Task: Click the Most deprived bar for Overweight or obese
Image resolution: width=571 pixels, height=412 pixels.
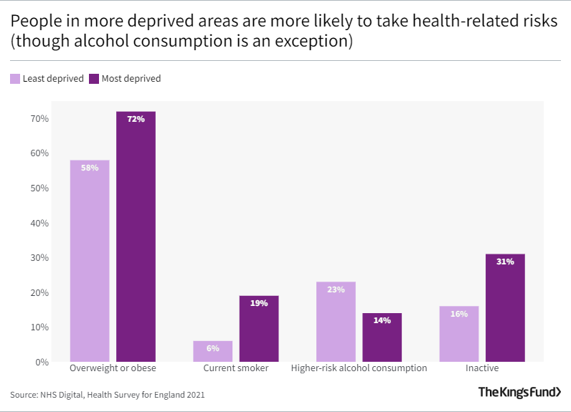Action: tap(136, 236)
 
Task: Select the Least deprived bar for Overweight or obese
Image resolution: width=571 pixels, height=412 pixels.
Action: tap(90, 261)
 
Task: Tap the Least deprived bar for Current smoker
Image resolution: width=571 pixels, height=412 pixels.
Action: tap(212, 351)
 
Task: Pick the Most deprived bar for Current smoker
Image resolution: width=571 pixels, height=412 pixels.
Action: tap(259, 329)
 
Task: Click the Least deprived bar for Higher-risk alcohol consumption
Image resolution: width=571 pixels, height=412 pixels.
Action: tap(336, 322)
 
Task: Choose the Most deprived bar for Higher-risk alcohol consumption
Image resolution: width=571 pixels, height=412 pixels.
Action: tap(382, 337)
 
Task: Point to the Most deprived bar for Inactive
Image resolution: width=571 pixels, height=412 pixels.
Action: tap(505, 308)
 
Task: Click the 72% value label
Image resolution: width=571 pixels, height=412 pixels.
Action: tap(136, 119)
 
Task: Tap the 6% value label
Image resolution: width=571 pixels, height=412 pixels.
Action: tap(212, 348)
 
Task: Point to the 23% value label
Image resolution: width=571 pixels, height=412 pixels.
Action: tap(336, 289)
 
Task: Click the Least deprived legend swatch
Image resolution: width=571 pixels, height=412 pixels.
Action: tap(14, 79)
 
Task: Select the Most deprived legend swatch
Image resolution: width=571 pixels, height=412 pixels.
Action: tap(93, 79)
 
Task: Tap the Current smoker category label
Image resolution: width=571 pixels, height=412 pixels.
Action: tap(236, 368)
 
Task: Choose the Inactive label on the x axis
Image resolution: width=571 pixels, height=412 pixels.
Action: tap(482, 368)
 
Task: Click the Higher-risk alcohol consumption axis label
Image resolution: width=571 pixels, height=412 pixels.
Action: tap(359, 368)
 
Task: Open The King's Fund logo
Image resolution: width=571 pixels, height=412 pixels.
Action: tap(519, 392)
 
